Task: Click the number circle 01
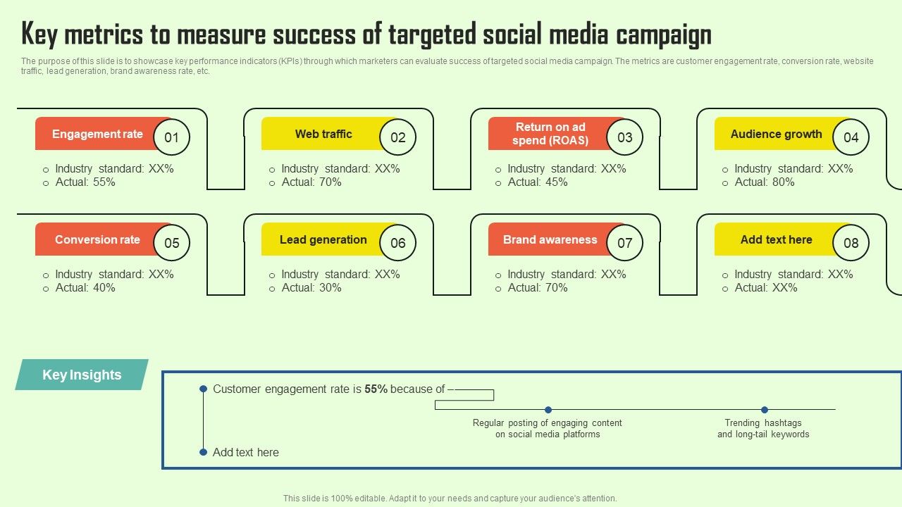pos(172,137)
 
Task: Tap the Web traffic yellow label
pos(323,134)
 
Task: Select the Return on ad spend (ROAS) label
pos(550,134)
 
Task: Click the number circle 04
pos(851,137)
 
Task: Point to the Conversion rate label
pos(97,239)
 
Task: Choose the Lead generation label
pos(323,239)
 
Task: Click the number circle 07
pos(625,243)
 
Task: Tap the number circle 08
pos(851,243)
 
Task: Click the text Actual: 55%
pos(85,182)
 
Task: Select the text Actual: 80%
pos(765,182)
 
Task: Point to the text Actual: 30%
pos(311,288)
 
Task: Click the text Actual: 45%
pos(538,182)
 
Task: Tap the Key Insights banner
pos(82,375)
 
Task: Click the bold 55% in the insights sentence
pos(376,389)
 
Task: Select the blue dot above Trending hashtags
pos(765,410)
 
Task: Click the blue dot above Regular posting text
pos(548,410)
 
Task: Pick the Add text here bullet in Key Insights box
pos(245,452)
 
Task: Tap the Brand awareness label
pos(550,239)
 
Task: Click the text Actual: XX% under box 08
pos(766,288)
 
